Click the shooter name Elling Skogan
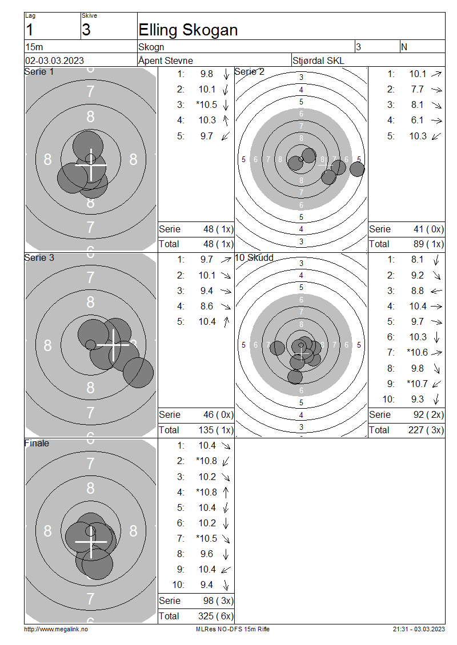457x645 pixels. point(188,30)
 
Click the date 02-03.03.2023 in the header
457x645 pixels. point(54,61)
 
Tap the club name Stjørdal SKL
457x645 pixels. point(318,61)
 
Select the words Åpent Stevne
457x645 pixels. point(166,61)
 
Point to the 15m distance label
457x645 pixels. point(34,47)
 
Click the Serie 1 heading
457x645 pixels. point(39,71)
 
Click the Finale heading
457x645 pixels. point(37,443)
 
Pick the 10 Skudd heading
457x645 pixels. point(254,257)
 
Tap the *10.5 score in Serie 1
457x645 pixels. point(207,105)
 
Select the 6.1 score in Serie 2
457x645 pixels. point(417,120)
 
